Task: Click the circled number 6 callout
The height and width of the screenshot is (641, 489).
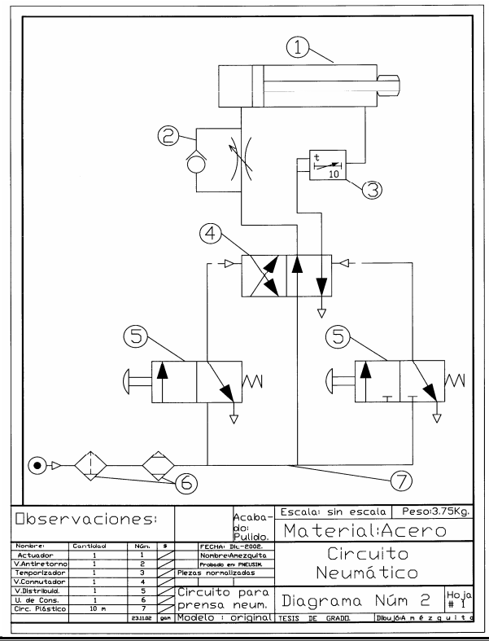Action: (186, 483)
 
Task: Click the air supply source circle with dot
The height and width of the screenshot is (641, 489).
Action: (37, 467)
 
